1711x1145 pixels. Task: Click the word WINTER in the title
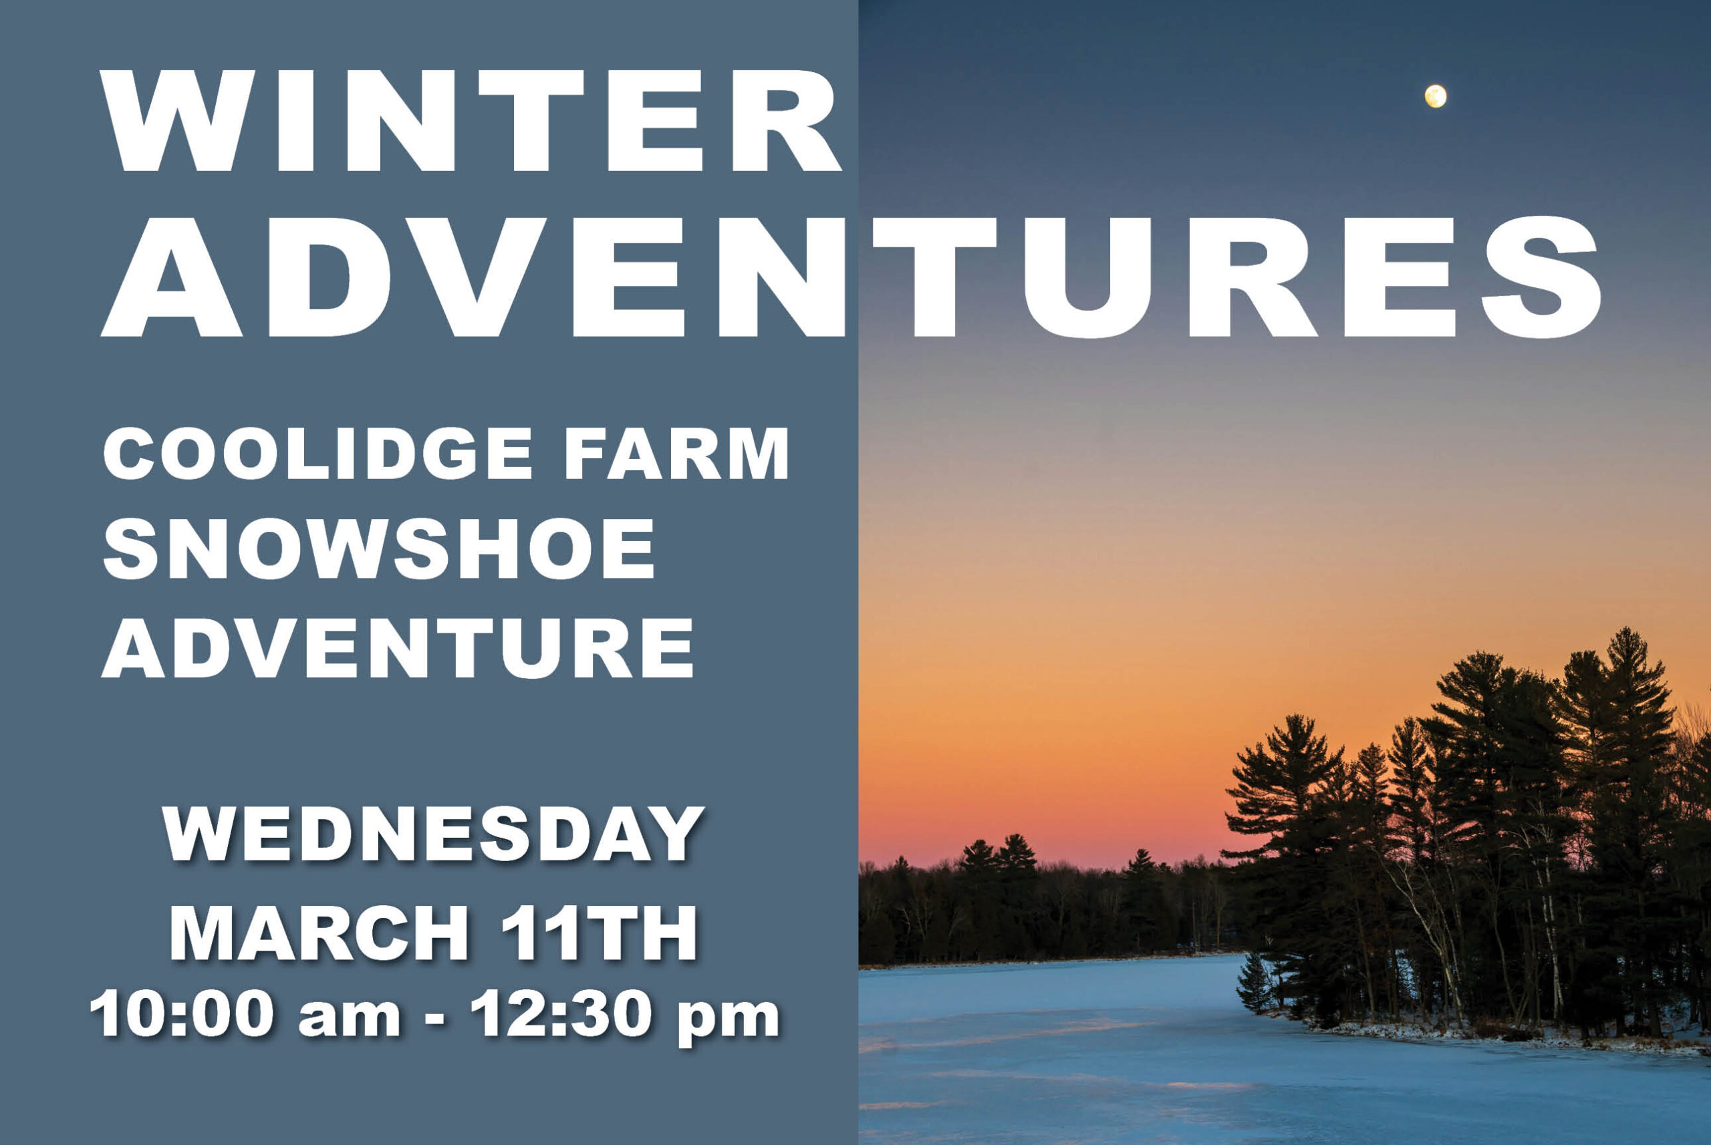click(471, 120)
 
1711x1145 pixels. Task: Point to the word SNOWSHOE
click(379, 550)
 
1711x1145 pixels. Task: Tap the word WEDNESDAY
click(433, 834)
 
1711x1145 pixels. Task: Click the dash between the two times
click(434, 1017)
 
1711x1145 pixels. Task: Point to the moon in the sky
click(1436, 96)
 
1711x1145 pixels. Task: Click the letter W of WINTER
click(178, 121)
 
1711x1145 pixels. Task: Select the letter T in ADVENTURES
click(935, 277)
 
